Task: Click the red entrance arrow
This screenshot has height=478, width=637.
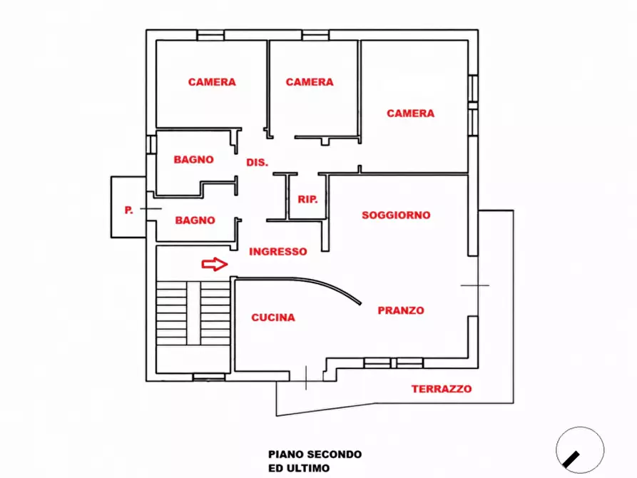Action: coord(215,264)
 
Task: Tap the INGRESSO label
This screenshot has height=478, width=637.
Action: coord(278,252)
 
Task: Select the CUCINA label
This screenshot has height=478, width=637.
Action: coord(273,317)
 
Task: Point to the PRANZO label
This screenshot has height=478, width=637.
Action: coord(401,310)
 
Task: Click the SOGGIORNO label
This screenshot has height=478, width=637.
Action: coord(396,215)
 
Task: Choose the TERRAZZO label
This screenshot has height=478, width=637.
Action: coord(442,389)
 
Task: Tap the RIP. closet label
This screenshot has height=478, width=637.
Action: coord(307,199)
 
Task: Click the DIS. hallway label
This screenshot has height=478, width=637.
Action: coord(258,163)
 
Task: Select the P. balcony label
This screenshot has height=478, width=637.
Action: coord(128,210)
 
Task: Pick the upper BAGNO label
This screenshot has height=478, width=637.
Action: coord(194,159)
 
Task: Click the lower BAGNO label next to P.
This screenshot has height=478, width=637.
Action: coord(195,220)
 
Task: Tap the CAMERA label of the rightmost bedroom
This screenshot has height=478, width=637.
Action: coord(410,113)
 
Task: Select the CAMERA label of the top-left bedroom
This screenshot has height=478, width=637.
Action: coord(212,82)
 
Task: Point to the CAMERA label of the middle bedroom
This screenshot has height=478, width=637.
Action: coord(310,82)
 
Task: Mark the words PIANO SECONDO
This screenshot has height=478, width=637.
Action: coord(315,454)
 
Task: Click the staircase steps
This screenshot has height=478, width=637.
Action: coord(193,313)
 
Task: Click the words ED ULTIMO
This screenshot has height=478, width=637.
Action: coord(299,468)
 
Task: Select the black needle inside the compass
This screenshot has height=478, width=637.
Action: coord(571,459)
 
